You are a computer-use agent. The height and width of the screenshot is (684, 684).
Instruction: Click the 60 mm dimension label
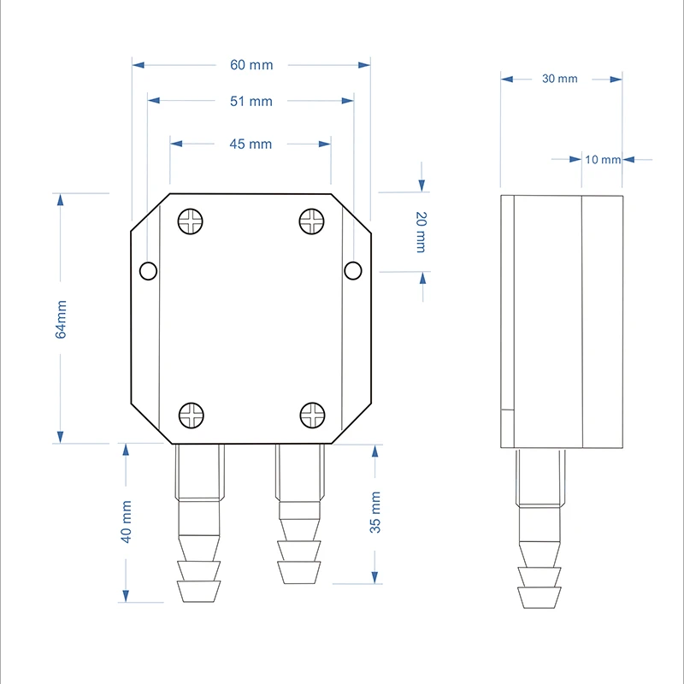[x=251, y=65]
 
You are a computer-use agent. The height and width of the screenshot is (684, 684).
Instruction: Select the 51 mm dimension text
[x=251, y=101]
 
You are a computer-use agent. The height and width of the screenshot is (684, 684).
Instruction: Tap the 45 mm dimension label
[x=251, y=144]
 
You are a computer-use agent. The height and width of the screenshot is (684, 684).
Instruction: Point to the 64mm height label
[x=61, y=319]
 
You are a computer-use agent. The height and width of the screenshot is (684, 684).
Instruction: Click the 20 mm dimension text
[x=421, y=232]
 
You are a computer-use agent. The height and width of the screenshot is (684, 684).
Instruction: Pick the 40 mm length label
[x=126, y=522]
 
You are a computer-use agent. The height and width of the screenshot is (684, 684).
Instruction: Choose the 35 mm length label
[x=375, y=512]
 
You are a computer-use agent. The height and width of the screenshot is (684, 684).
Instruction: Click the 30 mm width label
[x=560, y=79]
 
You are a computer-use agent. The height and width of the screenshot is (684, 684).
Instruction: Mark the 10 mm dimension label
[x=603, y=160]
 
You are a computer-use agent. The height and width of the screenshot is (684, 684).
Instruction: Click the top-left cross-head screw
[x=190, y=221]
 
